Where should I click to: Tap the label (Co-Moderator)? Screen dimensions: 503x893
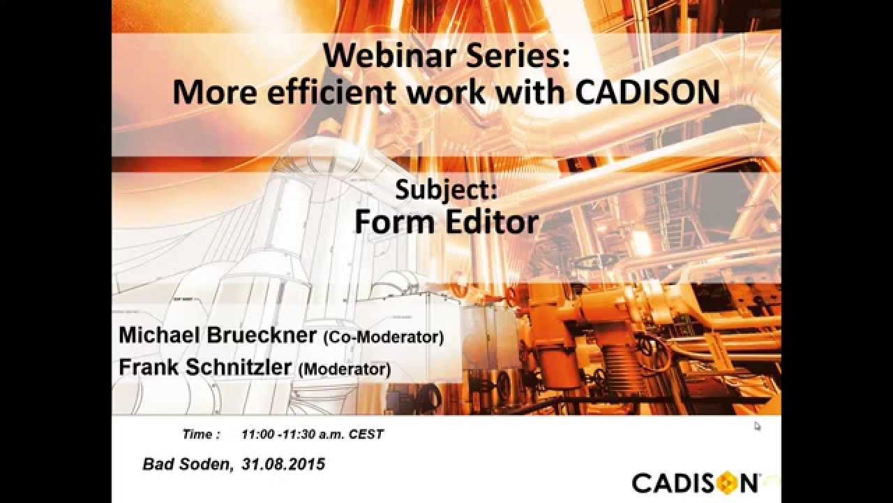pos(383,337)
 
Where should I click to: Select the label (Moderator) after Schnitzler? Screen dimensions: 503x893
pos(344,369)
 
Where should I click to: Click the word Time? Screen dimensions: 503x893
pos(197,435)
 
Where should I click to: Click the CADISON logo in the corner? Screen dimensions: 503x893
pos(695,483)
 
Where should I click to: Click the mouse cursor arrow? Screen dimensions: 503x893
pos(758,426)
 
